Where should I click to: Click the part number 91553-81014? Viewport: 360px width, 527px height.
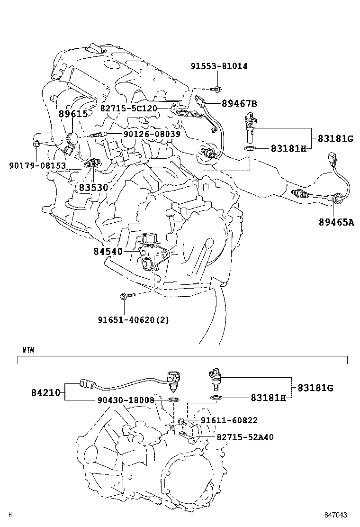click(219, 66)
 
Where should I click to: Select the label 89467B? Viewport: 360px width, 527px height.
click(240, 104)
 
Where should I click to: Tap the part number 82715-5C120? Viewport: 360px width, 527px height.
click(128, 108)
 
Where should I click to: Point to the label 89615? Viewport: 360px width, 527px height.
click(73, 114)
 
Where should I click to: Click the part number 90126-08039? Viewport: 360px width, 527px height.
click(152, 135)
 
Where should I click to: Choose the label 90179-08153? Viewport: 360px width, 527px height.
click(37, 165)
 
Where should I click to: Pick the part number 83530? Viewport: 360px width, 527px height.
click(93, 188)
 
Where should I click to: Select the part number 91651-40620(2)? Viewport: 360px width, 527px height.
click(134, 319)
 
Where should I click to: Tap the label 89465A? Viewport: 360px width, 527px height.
click(336, 222)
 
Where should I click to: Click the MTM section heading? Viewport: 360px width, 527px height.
click(28, 350)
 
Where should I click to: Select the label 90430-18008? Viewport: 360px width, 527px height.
click(126, 400)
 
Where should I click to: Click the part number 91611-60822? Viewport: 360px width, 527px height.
click(229, 420)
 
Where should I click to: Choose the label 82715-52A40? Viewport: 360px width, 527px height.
click(245, 437)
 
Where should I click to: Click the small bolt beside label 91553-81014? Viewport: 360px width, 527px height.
click(216, 88)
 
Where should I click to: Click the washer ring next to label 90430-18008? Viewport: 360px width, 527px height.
click(173, 401)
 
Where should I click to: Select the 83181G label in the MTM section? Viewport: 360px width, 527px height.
click(315, 388)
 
